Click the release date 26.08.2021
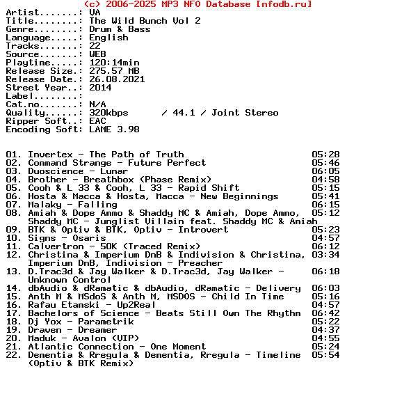coord(117,79)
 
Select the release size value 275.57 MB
coord(114,71)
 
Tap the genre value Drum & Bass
coord(120,29)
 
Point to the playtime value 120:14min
coord(114,63)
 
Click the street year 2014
coord(100,88)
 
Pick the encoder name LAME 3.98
coord(114,129)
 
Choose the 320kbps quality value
coord(108,113)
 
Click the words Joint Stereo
coord(245,113)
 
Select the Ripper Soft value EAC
coord(97,121)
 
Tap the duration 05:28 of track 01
coord(325,155)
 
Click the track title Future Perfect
coord(167,163)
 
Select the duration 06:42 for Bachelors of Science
coord(325,313)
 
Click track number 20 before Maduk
coord(14,338)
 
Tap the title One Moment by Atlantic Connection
coord(178,347)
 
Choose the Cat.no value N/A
coord(97,104)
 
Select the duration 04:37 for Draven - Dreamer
coord(325,330)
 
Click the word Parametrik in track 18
coord(106,322)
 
